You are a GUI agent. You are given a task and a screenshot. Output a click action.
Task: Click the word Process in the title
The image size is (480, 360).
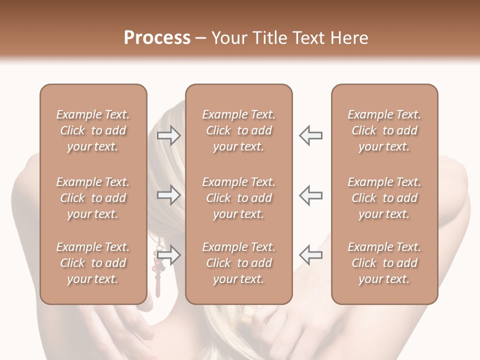tap(157, 38)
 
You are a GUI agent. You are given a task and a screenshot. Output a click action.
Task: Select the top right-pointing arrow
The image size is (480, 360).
tap(169, 135)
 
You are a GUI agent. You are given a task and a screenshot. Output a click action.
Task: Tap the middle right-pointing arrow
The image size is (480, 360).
tap(169, 195)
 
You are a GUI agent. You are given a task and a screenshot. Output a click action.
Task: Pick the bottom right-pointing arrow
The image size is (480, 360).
tap(169, 255)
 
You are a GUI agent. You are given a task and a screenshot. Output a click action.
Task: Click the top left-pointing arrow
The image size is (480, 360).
tap(310, 135)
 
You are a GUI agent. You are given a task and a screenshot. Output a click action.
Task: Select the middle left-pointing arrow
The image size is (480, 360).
tap(310, 195)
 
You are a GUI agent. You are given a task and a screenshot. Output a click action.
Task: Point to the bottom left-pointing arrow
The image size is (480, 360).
tap(310, 255)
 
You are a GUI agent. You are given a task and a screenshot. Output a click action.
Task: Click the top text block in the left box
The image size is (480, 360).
tap(93, 130)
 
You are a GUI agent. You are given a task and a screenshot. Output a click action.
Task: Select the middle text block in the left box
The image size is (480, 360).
tap(93, 198)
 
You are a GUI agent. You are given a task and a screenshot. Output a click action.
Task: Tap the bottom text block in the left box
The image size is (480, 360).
tap(93, 263)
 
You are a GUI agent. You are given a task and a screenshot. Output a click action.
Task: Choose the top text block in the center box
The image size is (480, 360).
tap(238, 130)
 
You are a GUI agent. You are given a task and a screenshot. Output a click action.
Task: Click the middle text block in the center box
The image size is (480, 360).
tap(238, 198)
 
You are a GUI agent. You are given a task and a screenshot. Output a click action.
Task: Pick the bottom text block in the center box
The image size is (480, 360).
tap(238, 263)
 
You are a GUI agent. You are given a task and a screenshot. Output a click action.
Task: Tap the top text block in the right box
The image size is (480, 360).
tap(384, 130)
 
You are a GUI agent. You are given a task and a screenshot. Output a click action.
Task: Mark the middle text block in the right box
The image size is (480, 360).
tap(384, 198)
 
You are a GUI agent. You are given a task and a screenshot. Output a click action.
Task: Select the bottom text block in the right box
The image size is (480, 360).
tap(384, 263)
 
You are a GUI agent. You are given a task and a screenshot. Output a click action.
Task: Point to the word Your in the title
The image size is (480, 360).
tap(230, 38)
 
